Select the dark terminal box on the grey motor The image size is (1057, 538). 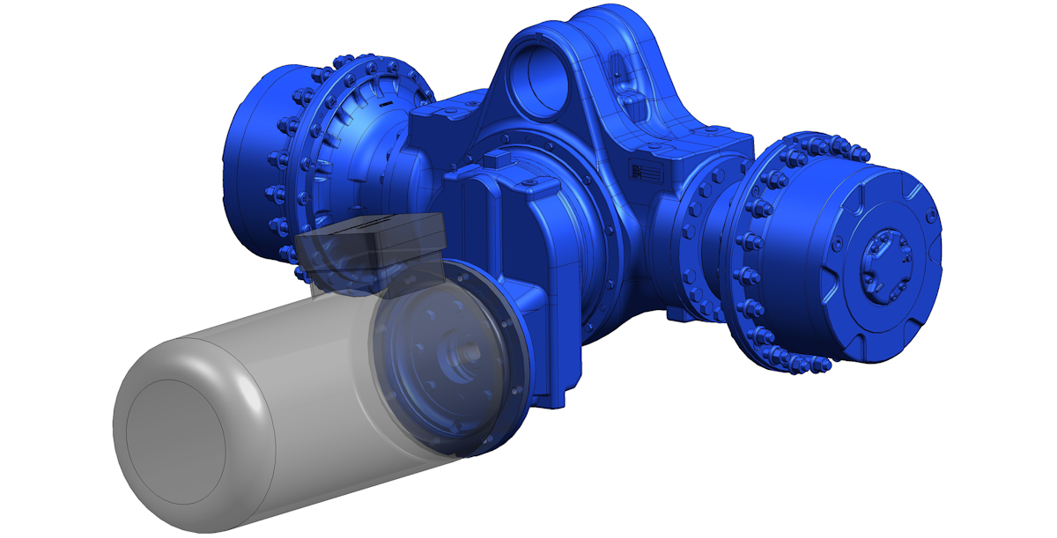(x=374, y=248)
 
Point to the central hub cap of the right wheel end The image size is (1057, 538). (x=883, y=261)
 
